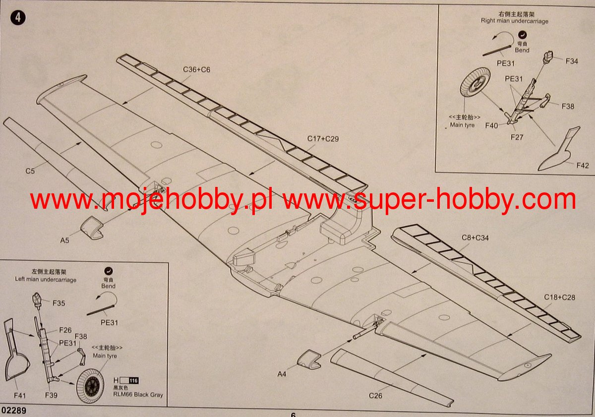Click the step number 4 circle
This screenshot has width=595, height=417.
18,17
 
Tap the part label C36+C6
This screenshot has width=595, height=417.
196,69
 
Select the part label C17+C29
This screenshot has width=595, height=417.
323,139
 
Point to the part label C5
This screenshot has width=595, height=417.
30,172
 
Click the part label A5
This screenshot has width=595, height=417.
65,240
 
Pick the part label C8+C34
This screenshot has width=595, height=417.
475,238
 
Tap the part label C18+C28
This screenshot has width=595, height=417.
559,297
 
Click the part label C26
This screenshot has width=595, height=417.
375,396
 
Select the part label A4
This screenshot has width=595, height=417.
282,374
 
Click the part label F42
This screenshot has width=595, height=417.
583,165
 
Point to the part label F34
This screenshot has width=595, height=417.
572,61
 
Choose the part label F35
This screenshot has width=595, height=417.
58,303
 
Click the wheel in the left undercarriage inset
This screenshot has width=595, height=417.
90,385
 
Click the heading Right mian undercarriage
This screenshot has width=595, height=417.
515,21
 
